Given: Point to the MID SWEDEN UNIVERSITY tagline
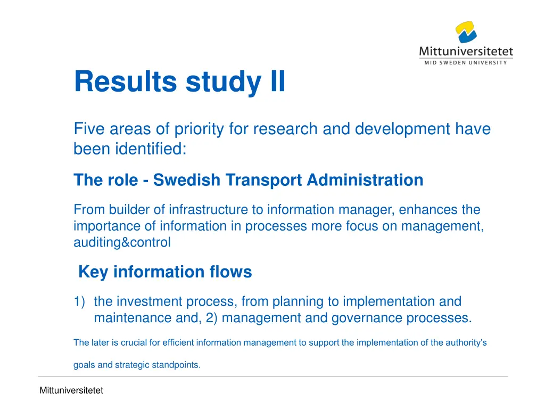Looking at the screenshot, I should (x=466, y=62).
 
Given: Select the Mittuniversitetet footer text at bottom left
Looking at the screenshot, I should (x=71, y=391).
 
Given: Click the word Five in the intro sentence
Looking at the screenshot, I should (x=88, y=129).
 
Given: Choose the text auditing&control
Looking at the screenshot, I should (x=122, y=243).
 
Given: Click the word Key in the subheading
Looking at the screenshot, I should (x=94, y=272).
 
